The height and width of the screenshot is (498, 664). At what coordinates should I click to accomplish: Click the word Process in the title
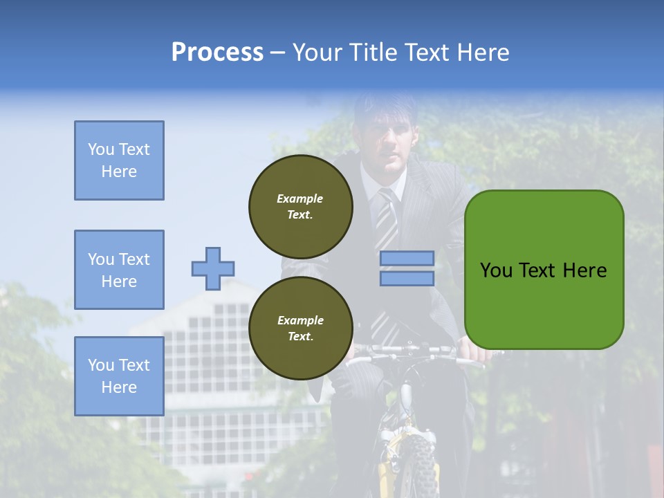pyautogui.click(x=217, y=53)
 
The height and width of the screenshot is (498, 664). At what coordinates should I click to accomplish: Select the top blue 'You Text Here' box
pyautogui.click(x=119, y=160)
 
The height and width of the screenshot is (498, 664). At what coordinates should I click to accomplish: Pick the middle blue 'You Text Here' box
pyautogui.click(x=119, y=270)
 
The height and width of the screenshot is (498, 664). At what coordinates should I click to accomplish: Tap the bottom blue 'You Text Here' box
pyautogui.click(x=119, y=376)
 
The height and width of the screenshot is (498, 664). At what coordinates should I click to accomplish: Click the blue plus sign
pyautogui.click(x=213, y=268)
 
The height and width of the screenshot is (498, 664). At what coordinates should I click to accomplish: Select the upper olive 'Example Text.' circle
pyautogui.click(x=300, y=206)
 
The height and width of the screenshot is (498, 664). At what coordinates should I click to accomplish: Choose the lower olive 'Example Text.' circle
pyautogui.click(x=300, y=328)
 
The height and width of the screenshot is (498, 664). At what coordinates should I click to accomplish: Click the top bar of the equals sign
pyautogui.click(x=407, y=258)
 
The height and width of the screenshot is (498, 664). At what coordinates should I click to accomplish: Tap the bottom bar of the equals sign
pyautogui.click(x=407, y=278)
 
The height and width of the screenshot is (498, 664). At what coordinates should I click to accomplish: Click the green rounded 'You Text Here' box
pyautogui.click(x=544, y=270)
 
